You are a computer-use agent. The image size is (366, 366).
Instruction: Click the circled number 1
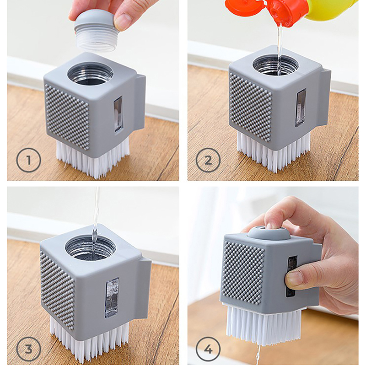(x=28, y=161)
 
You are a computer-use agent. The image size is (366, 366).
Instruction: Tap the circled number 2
(x=208, y=161)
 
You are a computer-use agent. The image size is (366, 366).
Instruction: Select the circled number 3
(x=28, y=349)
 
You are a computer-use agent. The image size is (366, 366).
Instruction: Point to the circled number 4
(x=208, y=349)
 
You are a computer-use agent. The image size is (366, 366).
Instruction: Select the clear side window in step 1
(x=118, y=114)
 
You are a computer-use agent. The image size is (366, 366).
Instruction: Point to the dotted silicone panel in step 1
(x=67, y=117)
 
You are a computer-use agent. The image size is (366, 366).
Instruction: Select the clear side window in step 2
(x=301, y=108)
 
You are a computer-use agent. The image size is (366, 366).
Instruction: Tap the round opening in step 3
(x=90, y=248)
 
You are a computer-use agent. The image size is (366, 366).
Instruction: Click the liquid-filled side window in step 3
(x=111, y=298)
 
